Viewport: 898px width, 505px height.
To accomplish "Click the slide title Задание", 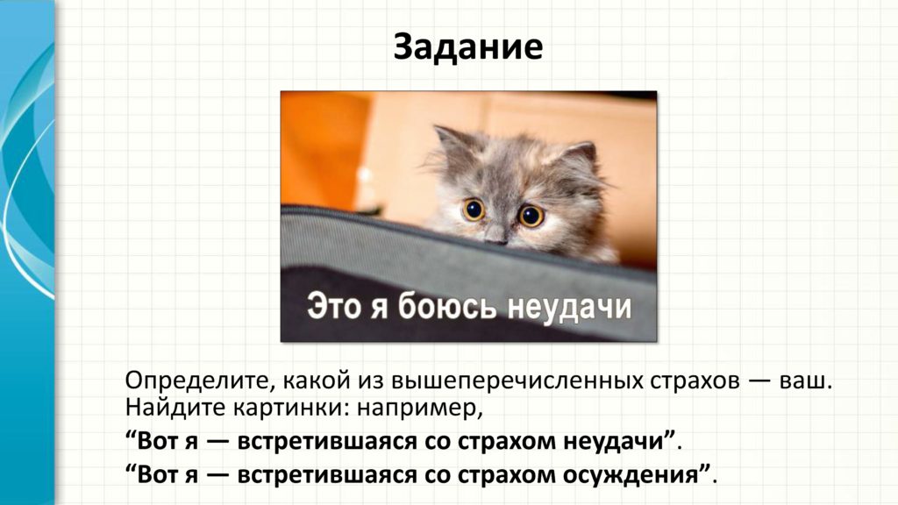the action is pos(468,47).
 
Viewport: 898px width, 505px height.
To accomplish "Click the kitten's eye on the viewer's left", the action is pos(474,210).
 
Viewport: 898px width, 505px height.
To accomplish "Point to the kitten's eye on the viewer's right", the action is pos(531,216).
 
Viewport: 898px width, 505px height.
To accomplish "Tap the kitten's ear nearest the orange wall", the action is pos(452,146).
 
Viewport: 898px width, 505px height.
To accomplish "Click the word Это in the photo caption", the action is pos(335,306).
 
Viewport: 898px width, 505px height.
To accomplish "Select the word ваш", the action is pos(806,381).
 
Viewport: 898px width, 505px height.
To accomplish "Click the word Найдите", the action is pos(175,407).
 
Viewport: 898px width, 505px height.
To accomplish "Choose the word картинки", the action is pos(290,408).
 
